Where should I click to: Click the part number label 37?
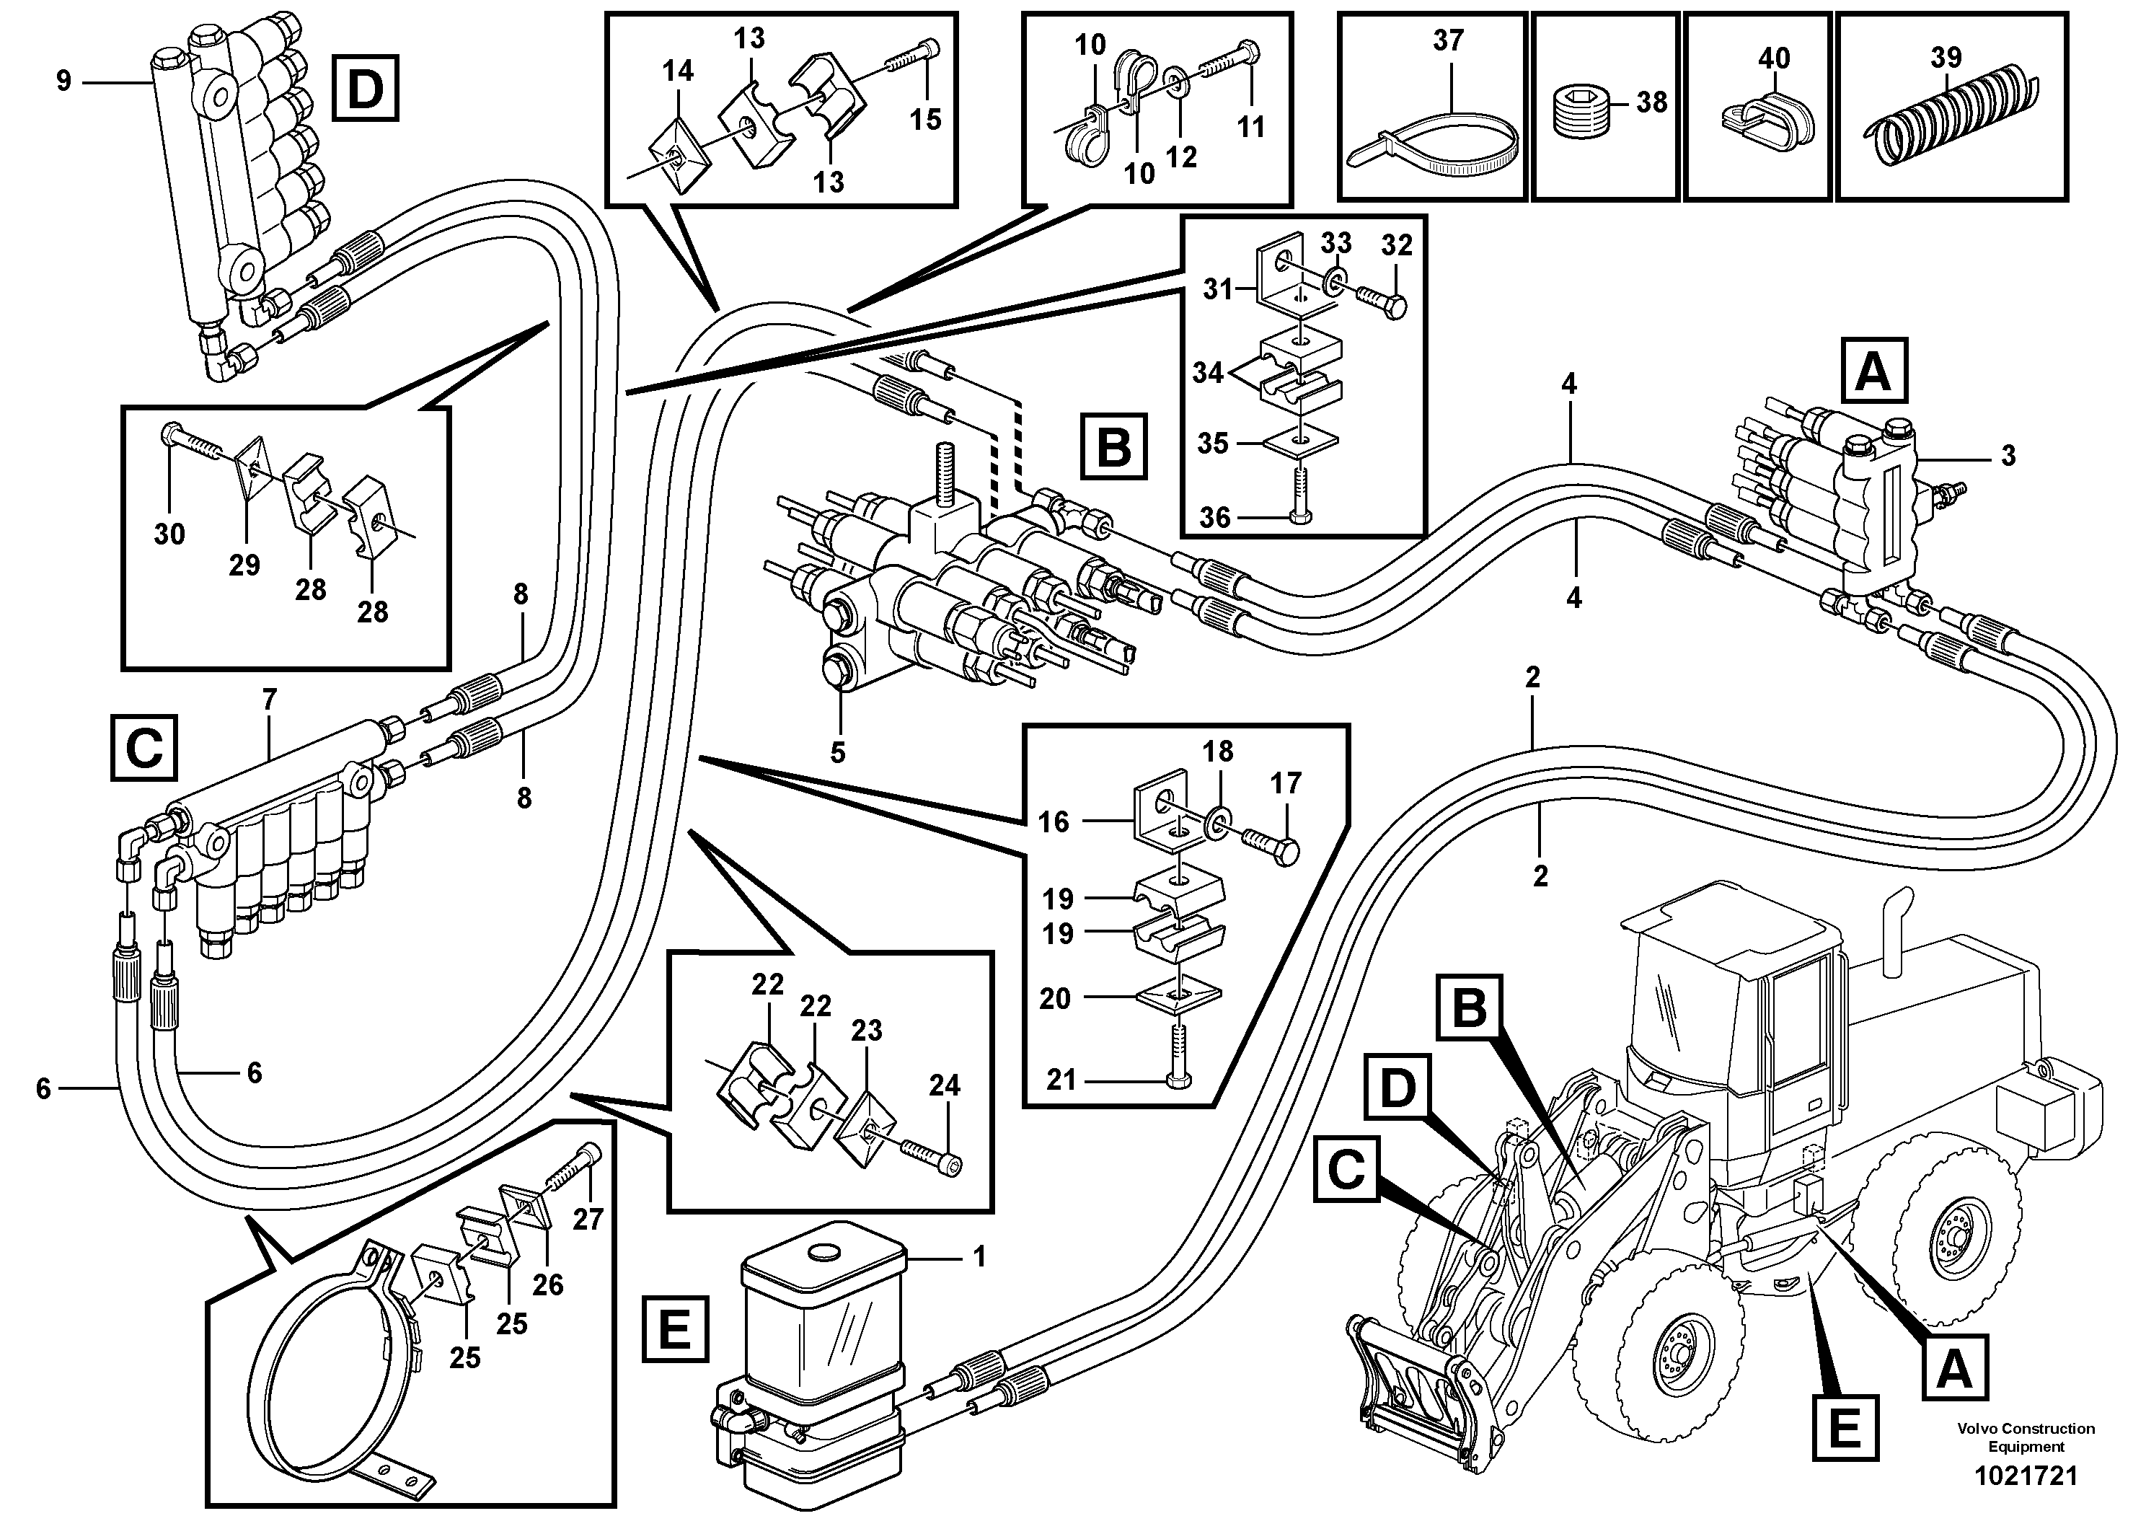tap(1448, 40)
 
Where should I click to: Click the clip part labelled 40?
tap(1765, 121)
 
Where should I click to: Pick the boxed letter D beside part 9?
tap(365, 88)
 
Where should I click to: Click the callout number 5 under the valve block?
tap(837, 752)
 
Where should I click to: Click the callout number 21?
tap(1061, 1080)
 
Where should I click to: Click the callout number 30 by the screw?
tap(169, 534)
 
